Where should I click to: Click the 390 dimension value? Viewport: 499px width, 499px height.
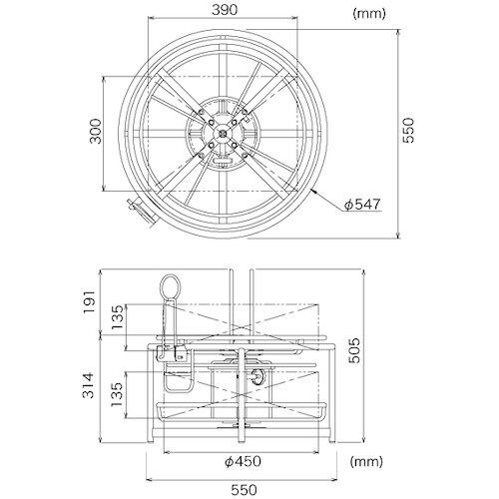(225, 10)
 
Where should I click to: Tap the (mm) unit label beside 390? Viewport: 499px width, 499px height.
(368, 14)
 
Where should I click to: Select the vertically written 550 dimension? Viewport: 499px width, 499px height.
(409, 130)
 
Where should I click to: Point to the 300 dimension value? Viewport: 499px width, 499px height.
(96, 131)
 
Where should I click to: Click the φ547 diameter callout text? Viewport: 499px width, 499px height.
(361, 204)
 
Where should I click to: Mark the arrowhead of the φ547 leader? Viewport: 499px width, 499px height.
(313, 191)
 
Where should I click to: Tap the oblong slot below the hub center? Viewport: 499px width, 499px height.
(223, 160)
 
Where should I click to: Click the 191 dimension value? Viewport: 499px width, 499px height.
(89, 301)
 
